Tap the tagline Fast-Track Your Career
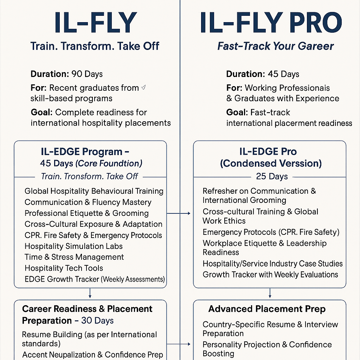pyautogui.click(x=275, y=46)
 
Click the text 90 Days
pyautogui.click(x=87, y=74)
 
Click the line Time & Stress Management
pyautogui.click(x=74, y=257)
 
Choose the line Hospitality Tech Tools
pyautogui.click(x=64, y=268)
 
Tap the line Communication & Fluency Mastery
pyautogui.click(x=88, y=202)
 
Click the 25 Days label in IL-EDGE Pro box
pyautogui.click(x=272, y=176)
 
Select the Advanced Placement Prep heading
pyautogui.click(x=267, y=309)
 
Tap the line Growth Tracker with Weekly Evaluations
pyautogui.click(x=270, y=275)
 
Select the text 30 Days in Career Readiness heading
pyautogui.click(x=97, y=321)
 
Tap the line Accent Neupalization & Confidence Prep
pyautogui.click(x=93, y=354)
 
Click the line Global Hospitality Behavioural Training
pyautogui.click(x=94, y=191)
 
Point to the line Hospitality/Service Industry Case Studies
pyautogui.click(x=272, y=264)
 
